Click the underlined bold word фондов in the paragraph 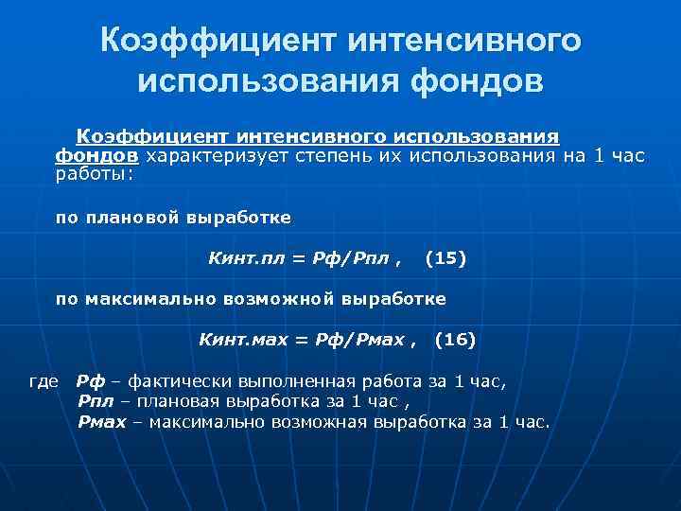(x=96, y=155)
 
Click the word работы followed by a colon (x=92, y=172)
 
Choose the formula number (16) (x=454, y=338)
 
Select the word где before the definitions (x=44, y=382)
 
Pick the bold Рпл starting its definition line (x=96, y=402)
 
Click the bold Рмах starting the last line (x=101, y=421)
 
